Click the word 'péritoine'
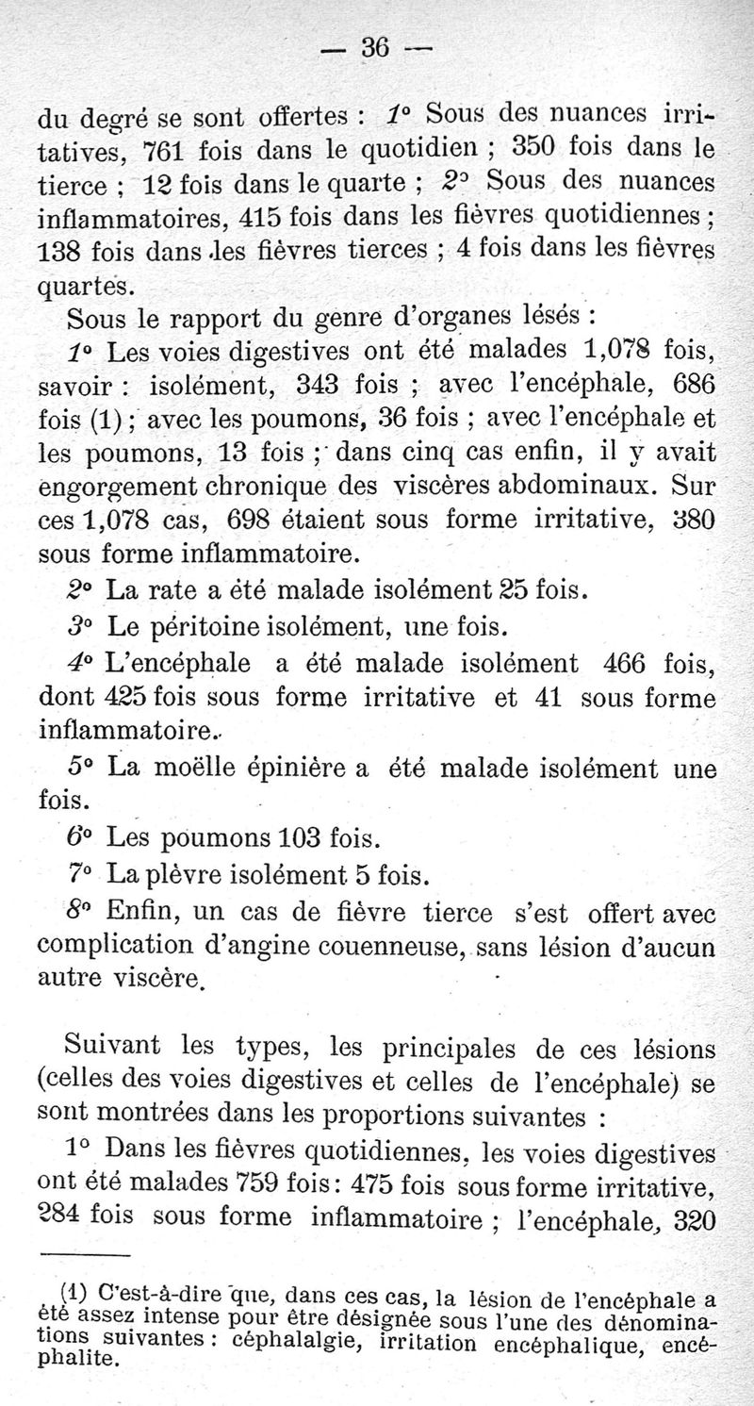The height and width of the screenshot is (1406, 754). pyautogui.click(x=215, y=626)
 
